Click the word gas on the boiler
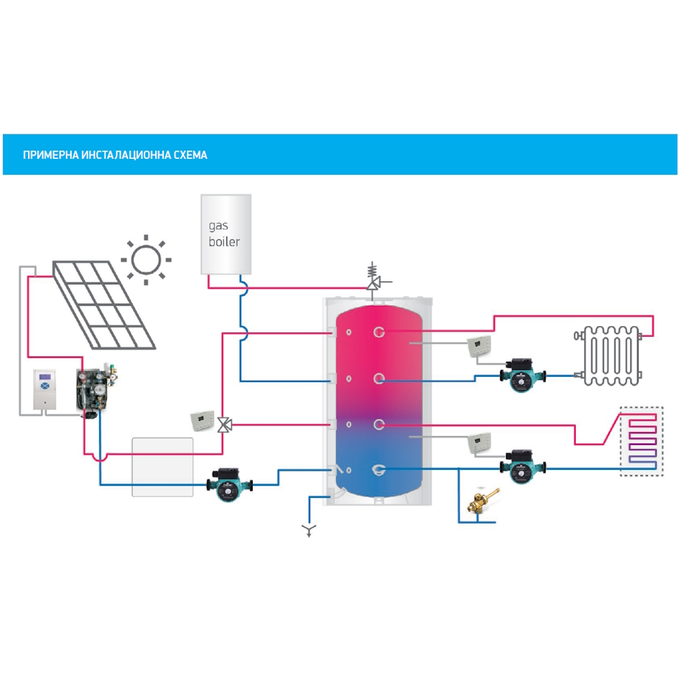click(218, 225)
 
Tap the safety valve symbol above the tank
click(374, 279)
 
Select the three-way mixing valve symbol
click(224, 424)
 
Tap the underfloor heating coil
click(641, 443)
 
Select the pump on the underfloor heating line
click(521, 465)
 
